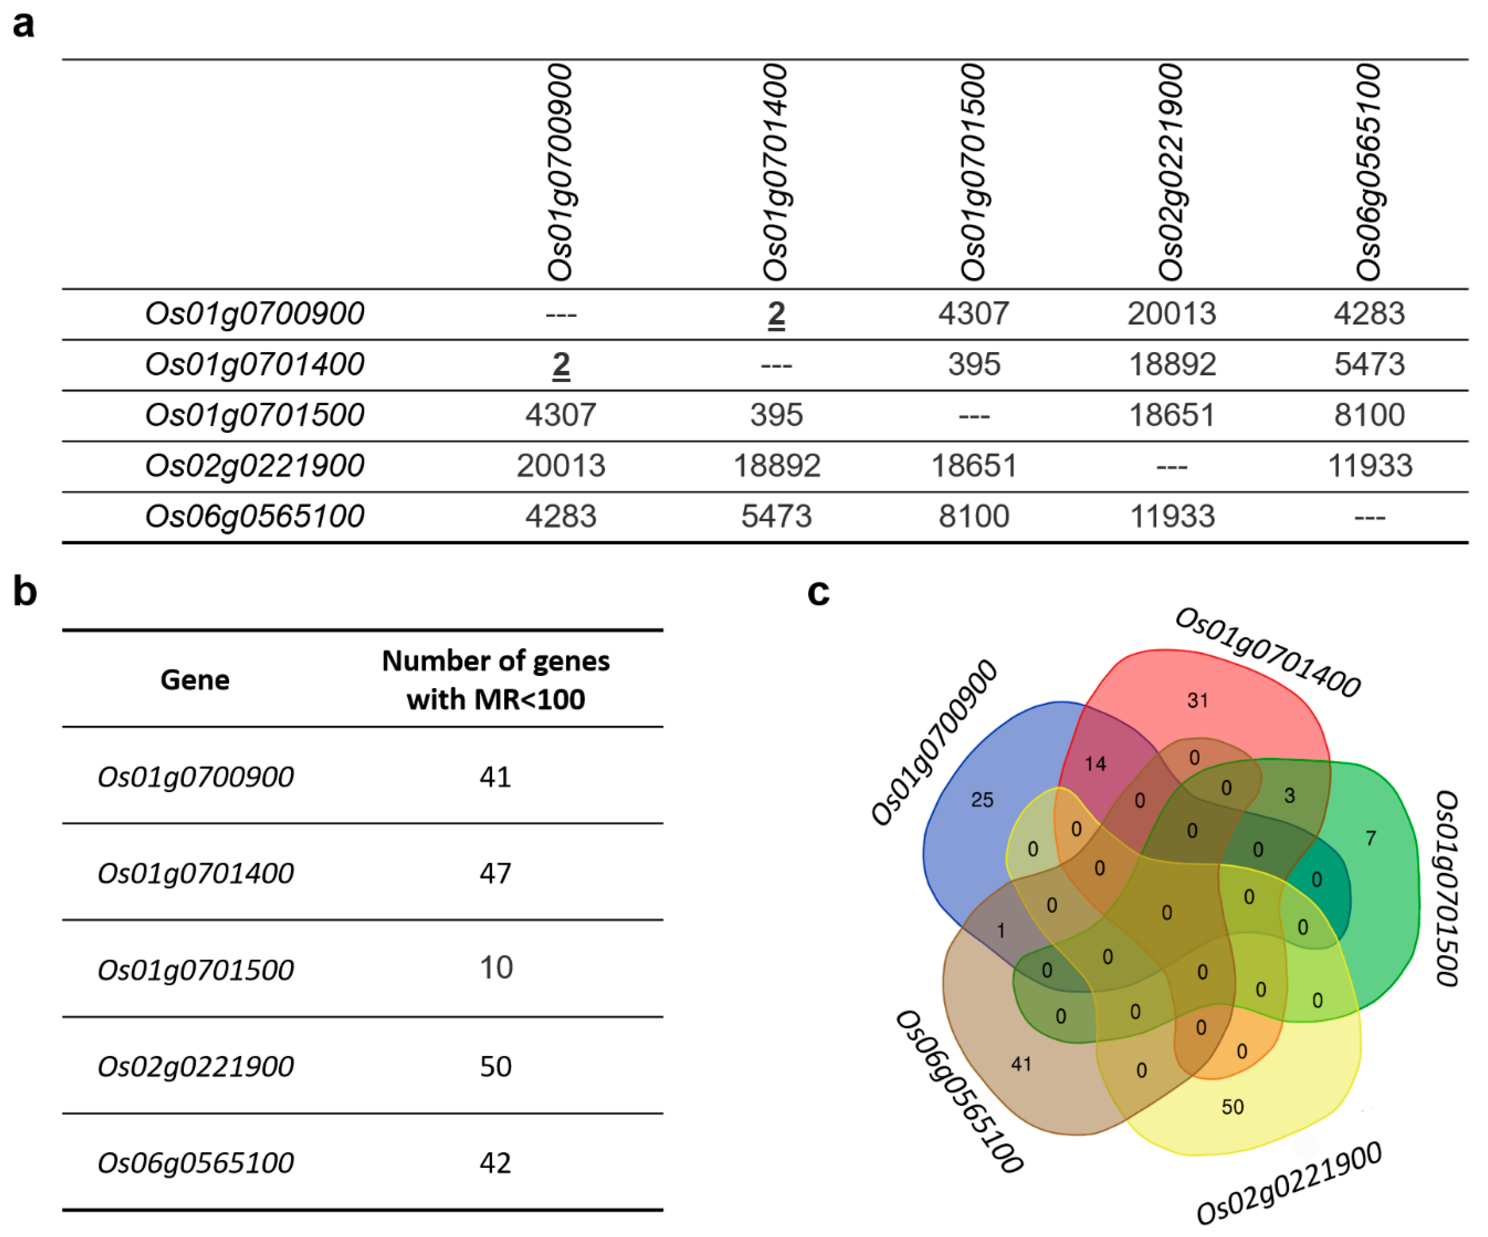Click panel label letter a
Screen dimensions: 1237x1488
23,24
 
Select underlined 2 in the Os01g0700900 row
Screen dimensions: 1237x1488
776,314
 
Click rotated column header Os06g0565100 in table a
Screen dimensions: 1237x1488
1369,172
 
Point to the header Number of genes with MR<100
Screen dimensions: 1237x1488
495,680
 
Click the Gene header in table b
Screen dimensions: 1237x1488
195,680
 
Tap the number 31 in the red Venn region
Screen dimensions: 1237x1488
1197,701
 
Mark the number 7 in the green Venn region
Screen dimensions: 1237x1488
1370,839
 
